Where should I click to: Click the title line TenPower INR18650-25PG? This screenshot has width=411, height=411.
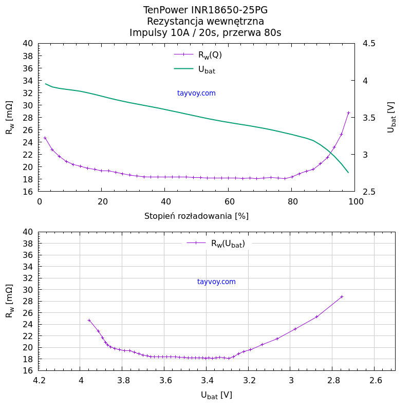[206, 10]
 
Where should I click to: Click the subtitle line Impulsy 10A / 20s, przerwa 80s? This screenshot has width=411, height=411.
[206, 33]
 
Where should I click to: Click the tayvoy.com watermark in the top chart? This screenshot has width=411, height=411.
[196, 93]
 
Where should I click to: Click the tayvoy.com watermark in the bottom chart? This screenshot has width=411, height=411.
[216, 282]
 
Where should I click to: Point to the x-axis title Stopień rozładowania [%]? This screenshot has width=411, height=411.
[196, 216]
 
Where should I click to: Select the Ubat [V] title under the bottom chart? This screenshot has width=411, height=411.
[216, 395]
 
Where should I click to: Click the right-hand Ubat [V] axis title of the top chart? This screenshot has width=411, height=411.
[391, 117]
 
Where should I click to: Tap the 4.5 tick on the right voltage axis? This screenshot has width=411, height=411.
[368, 44]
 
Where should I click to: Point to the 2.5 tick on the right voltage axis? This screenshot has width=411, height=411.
[368, 192]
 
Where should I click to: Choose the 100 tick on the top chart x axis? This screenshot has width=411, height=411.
[355, 202]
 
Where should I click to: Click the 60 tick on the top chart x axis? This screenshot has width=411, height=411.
[228, 202]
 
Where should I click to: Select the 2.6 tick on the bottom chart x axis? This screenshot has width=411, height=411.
[376, 381]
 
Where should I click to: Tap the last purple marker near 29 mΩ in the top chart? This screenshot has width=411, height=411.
[348, 113]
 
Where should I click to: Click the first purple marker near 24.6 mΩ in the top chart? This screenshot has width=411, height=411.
[45, 138]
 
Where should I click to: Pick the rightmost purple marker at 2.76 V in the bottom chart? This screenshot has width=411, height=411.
[342, 296]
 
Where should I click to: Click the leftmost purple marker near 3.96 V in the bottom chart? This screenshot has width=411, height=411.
[89, 320]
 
